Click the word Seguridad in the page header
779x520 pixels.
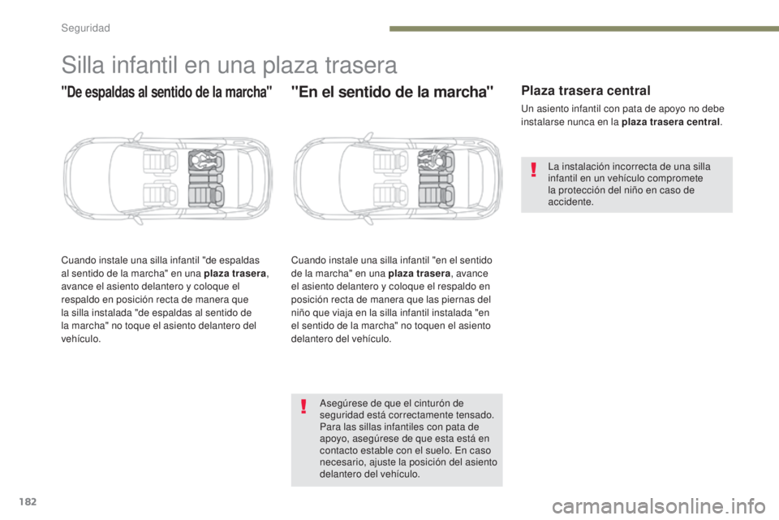[85, 27]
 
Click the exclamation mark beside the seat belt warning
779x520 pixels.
[303, 406]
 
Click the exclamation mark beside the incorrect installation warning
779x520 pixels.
[533, 170]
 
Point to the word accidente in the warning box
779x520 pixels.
[570, 202]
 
